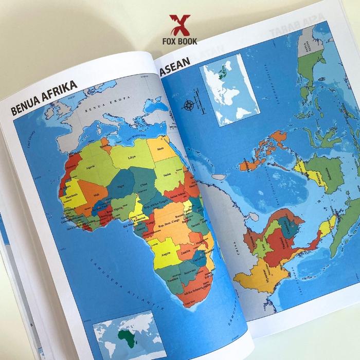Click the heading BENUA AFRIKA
[43, 98]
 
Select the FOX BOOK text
[179, 41]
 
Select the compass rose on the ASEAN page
[188, 106]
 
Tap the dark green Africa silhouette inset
[125, 337]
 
